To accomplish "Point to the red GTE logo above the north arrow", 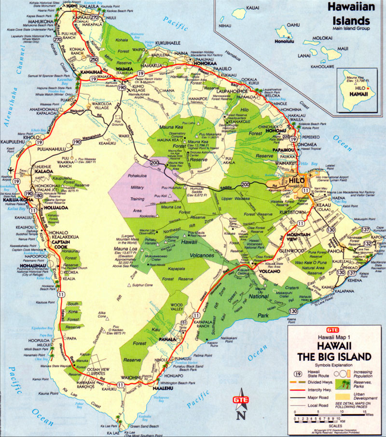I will click(x=240, y=400).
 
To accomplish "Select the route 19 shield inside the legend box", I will click(x=299, y=373).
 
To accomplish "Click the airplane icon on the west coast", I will click(x=11, y=170).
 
